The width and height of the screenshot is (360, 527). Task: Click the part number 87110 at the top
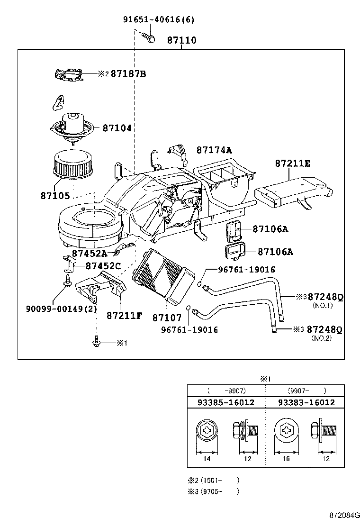(181, 41)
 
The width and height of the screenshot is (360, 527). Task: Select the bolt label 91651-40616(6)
(158, 19)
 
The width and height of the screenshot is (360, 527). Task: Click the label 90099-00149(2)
(61, 309)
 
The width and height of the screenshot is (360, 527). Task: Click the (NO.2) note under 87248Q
(322, 338)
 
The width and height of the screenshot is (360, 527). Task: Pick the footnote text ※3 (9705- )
(213, 491)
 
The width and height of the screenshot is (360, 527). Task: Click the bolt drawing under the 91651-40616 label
(149, 37)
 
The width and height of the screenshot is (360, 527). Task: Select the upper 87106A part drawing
(235, 230)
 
